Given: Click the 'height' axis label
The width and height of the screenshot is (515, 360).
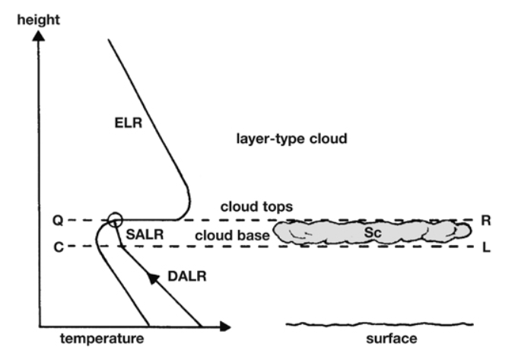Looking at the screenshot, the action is coord(39,20).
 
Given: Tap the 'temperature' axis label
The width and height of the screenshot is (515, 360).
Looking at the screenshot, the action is coord(102,339).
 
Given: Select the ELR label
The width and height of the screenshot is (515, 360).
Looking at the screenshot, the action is coord(129,123).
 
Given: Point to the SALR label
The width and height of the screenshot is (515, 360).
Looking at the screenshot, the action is coord(145,234).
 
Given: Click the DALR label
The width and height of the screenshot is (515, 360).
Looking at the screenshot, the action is coord(187,276).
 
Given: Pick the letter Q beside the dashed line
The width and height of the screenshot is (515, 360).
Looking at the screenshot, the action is coord(58,221).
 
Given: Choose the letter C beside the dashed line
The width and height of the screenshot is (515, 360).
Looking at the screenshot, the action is coord(59,247).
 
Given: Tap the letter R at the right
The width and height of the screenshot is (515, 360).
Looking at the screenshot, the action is coord(486,221).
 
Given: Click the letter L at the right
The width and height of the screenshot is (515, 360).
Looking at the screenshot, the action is coord(486,247).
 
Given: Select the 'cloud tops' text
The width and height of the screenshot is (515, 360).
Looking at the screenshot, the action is coord(256,206).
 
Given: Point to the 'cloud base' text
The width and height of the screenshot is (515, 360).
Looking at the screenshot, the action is coord(232,235).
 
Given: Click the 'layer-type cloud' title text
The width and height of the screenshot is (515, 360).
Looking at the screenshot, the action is coord(291,139).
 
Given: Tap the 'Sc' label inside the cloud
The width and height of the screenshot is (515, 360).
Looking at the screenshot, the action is coord(373,233).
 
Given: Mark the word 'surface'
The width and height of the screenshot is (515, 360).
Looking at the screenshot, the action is coord(392,339).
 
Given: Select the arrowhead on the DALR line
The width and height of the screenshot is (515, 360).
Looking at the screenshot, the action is coord(152,278).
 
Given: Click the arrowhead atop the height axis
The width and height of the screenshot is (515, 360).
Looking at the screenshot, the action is coord(39,36).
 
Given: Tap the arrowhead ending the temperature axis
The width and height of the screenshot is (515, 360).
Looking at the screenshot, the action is coord(225,327).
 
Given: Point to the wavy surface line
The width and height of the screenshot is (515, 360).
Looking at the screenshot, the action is coord(380,324).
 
